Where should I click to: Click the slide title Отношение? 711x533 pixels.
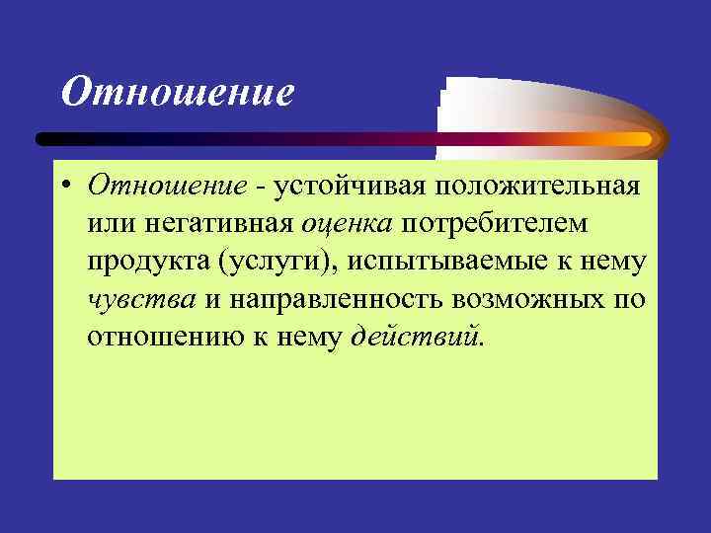(x=178, y=93)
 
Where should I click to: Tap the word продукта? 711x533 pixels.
(x=148, y=262)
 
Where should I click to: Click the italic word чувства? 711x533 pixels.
(x=140, y=299)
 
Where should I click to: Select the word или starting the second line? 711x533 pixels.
(x=108, y=223)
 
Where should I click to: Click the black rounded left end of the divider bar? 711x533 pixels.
(x=45, y=140)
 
